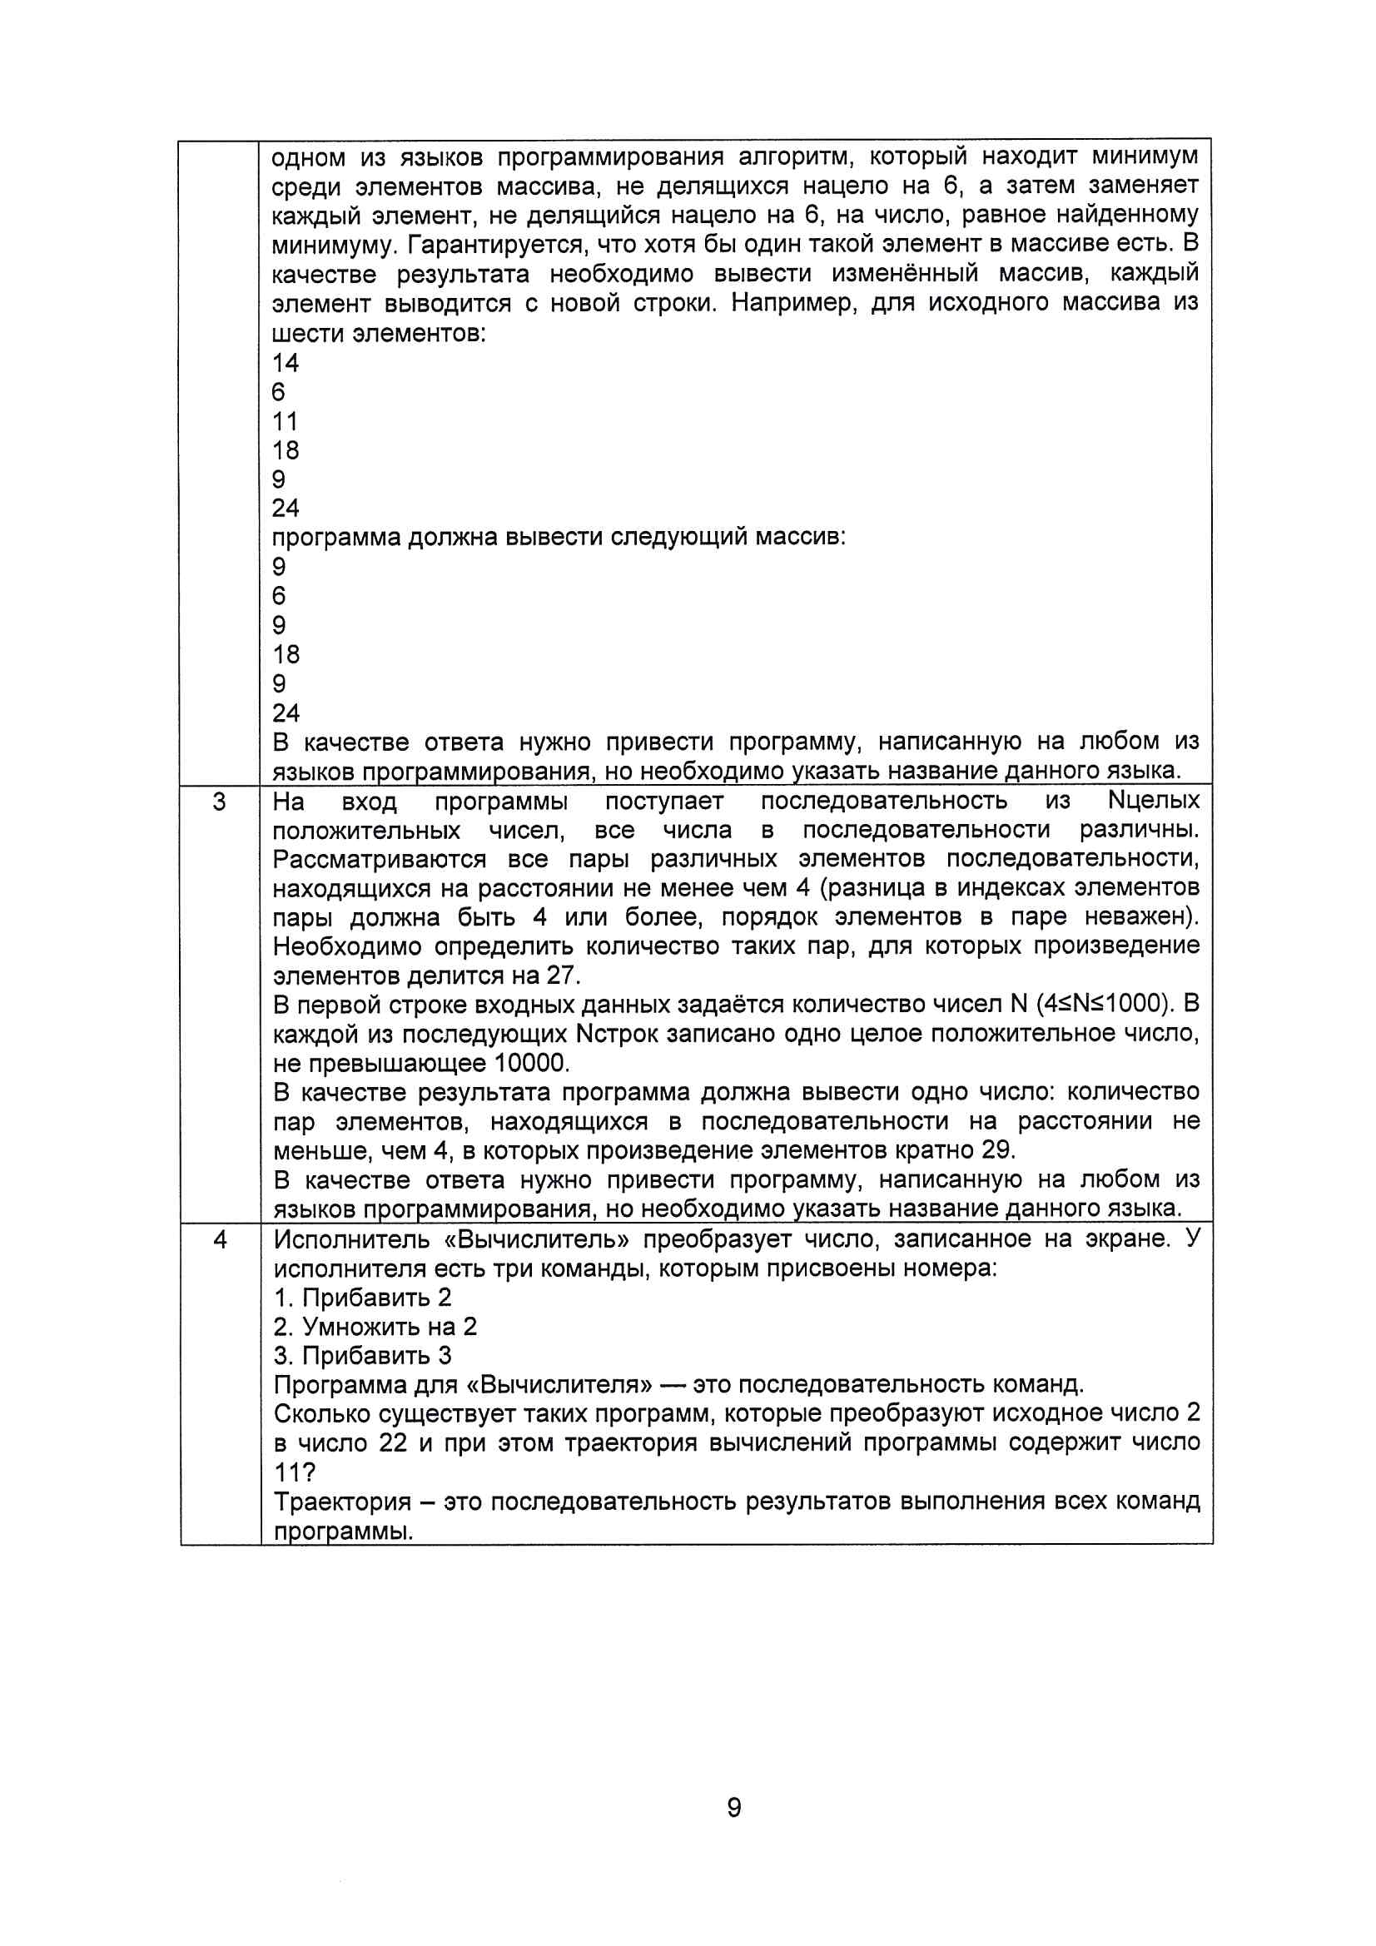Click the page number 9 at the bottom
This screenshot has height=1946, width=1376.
pos(734,1807)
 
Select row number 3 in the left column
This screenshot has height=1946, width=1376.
pos(220,802)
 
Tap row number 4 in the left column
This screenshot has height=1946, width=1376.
pos(220,1240)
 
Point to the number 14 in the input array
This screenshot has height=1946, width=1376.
pos(285,363)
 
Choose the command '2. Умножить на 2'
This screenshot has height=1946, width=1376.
pos(375,1327)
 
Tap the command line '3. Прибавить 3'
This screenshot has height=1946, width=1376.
pos(362,1356)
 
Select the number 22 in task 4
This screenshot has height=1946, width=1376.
pos(393,1443)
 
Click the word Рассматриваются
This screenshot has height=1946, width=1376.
pos(379,860)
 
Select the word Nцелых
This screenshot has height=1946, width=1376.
pos(1153,801)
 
